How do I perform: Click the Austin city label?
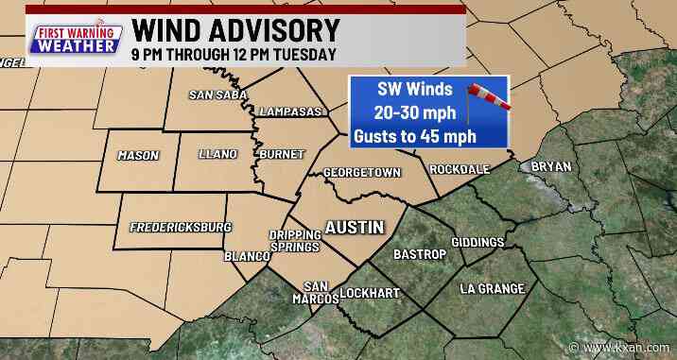(x=354, y=228)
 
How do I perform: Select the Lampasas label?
(x=290, y=111)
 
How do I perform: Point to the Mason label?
(x=138, y=156)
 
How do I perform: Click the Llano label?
(x=217, y=154)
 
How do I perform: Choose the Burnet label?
(x=280, y=154)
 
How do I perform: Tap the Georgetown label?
(x=362, y=173)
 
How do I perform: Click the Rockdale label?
(x=460, y=170)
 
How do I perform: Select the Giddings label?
(x=478, y=243)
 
